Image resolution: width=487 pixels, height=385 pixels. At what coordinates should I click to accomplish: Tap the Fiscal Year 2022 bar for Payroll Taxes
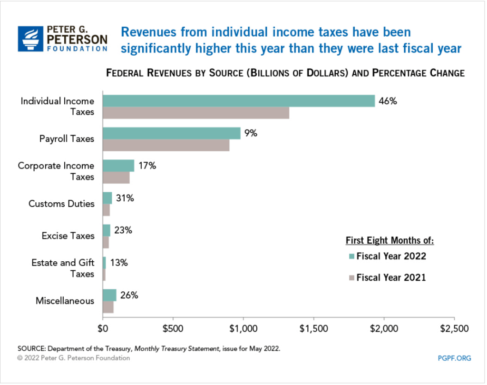pyautogui.click(x=172, y=133)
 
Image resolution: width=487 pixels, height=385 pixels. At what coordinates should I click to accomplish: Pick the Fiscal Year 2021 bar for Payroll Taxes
pyautogui.click(x=166, y=145)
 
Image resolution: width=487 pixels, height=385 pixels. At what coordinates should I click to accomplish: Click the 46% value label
pyautogui.click(x=388, y=101)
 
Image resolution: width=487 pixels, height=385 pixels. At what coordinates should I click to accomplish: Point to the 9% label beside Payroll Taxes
pyautogui.click(x=251, y=133)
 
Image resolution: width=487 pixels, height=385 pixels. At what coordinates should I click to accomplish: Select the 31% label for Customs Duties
pyautogui.click(x=125, y=198)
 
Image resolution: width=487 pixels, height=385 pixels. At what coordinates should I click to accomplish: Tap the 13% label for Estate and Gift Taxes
pyautogui.click(x=119, y=263)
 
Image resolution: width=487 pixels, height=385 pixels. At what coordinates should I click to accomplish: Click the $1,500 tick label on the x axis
pyautogui.click(x=314, y=328)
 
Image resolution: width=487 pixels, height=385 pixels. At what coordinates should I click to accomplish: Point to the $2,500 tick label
pyautogui.click(x=454, y=328)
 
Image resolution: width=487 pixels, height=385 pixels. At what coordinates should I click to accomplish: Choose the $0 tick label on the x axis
pyautogui.click(x=103, y=328)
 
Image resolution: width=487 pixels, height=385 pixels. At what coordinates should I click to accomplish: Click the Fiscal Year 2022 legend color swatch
pyautogui.click(x=351, y=256)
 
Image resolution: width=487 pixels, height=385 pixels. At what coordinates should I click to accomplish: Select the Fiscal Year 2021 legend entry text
pyautogui.click(x=391, y=277)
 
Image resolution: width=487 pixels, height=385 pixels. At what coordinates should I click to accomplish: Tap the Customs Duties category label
pyautogui.click(x=61, y=204)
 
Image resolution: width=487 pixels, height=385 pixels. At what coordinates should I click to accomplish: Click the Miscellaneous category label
pyautogui.click(x=65, y=301)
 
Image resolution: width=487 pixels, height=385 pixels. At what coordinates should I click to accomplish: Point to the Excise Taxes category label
pyautogui.click(x=68, y=236)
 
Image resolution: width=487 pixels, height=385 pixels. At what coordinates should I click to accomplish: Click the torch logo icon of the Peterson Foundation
pyautogui.click(x=30, y=38)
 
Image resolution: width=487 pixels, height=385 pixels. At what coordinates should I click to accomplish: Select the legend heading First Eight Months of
pyautogui.click(x=390, y=240)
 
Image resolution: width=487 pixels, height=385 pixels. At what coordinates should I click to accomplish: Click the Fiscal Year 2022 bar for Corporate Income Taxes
pyautogui.click(x=118, y=166)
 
